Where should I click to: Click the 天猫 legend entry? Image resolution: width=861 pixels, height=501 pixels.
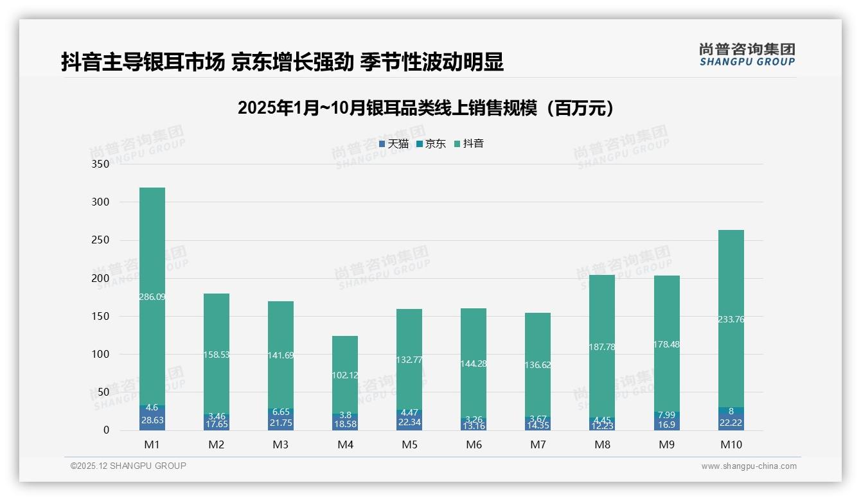coord(394,144)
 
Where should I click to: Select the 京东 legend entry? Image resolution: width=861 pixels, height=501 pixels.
coord(431,144)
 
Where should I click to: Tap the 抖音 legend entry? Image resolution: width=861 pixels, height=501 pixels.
coord(469,144)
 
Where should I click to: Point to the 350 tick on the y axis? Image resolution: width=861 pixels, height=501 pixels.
coord(101,164)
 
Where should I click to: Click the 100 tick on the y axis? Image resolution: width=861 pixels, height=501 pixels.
coord(101,355)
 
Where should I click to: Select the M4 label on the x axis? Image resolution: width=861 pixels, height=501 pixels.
coord(345,444)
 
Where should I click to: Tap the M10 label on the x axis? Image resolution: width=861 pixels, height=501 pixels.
coord(731,444)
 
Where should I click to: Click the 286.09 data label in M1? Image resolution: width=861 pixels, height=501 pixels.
coord(152,297)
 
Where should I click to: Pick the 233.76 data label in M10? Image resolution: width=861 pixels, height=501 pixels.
coord(731,319)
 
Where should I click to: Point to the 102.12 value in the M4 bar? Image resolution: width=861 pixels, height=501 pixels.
coord(345,375)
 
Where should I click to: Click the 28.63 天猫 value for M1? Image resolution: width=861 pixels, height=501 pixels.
coord(152,419)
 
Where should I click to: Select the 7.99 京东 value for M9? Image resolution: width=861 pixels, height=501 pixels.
coord(666,415)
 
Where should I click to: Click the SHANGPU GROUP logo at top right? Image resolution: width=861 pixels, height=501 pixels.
coord(747,55)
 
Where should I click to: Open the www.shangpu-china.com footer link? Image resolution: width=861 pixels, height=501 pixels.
coord(749,466)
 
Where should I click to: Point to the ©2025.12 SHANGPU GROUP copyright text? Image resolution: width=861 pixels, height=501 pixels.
coord(128,466)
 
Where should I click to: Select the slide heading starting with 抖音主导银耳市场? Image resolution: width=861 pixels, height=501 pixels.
coord(282,62)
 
